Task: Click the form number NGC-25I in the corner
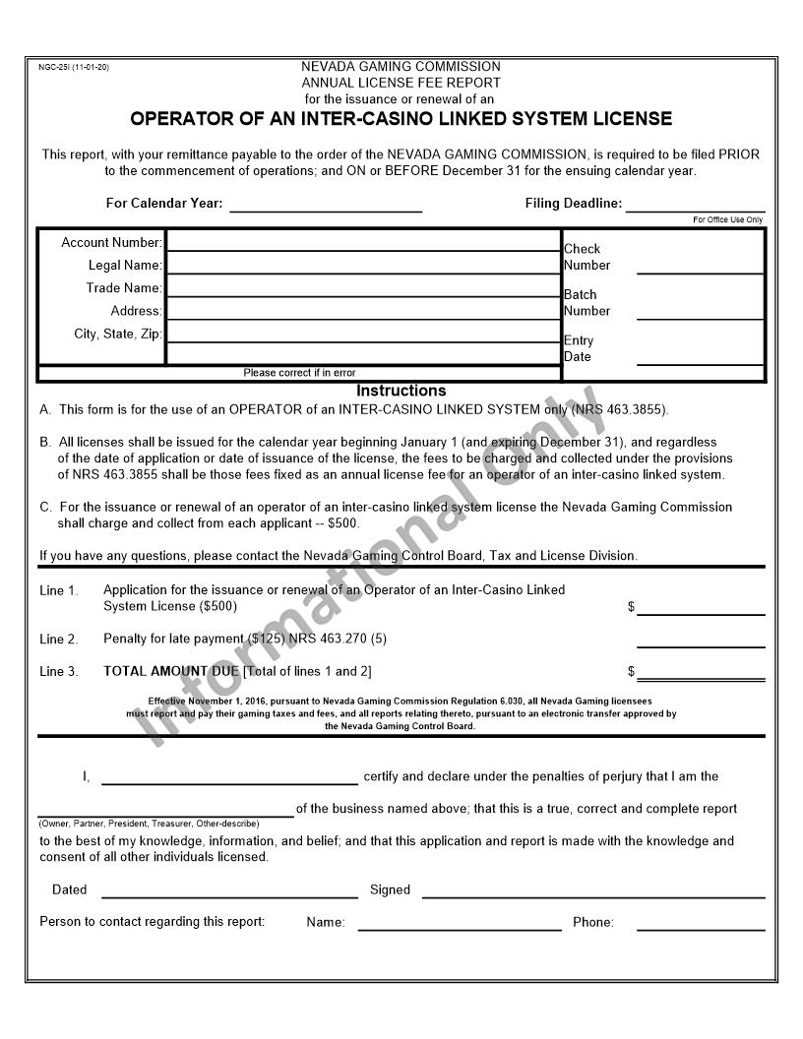click(x=73, y=67)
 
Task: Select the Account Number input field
click(x=363, y=241)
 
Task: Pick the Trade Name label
click(x=123, y=288)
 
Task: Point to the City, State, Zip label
click(x=117, y=334)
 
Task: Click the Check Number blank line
click(x=700, y=266)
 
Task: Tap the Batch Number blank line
click(x=700, y=312)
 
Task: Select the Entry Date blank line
click(x=700, y=357)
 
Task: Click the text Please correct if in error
click(x=299, y=373)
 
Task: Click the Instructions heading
click(x=401, y=391)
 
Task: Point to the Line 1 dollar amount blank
click(x=700, y=608)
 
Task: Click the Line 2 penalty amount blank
click(x=700, y=641)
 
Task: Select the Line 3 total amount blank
click(x=700, y=673)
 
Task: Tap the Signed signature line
click(x=592, y=890)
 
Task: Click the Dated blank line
click(x=229, y=890)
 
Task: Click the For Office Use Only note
click(x=727, y=219)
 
